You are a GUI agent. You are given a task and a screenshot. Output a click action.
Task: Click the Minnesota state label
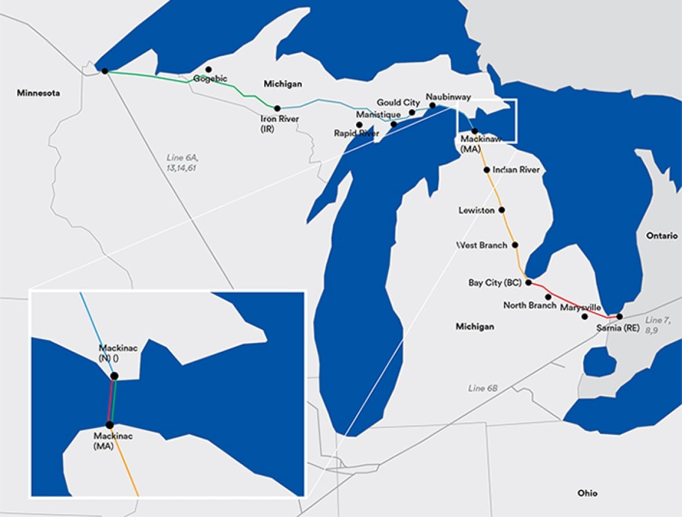pyautogui.click(x=38, y=93)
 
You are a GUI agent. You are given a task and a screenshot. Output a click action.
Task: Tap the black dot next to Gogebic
pyautogui.click(x=209, y=69)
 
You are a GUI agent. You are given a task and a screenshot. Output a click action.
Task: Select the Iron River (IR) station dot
pyautogui.click(x=277, y=108)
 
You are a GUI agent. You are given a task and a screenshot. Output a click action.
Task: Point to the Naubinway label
pyautogui.click(x=447, y=96)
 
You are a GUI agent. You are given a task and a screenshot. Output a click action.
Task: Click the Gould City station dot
pyautogui.click(x=412, y=112)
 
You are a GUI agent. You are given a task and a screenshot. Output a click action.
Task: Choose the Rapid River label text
pyautogui.click(x=357, y=133)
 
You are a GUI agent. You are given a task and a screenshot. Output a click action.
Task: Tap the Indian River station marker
pyautogui.click(x=487, y=170)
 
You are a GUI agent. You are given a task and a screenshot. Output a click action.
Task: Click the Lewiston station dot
pyautogui.click(x=502, y=210)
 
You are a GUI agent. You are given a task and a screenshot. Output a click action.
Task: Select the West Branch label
pyautogui.click(x=481, y=245)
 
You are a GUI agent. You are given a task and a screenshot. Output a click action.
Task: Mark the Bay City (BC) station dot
pyautogui.click(x=528, y=282)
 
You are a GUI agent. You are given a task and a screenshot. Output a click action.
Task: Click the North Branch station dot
pyautogui.click(x=548, y=296)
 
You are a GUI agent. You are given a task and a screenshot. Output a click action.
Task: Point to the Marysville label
pyautogui.click(x=580, y=307)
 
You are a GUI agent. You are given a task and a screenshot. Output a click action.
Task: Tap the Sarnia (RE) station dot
pyautogui.click(x=620, y=317)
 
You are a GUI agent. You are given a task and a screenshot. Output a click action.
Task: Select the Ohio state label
pyautogui.click(x=587, y=493)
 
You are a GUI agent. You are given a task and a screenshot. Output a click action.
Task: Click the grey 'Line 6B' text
pyautogui.click(x=483, y=388)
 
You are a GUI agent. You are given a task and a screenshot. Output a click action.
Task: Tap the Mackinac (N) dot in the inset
pyautogui.click(x=114, y=376)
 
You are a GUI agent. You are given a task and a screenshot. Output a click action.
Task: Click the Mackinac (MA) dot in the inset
pyautogui.click(x=109, y=425)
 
